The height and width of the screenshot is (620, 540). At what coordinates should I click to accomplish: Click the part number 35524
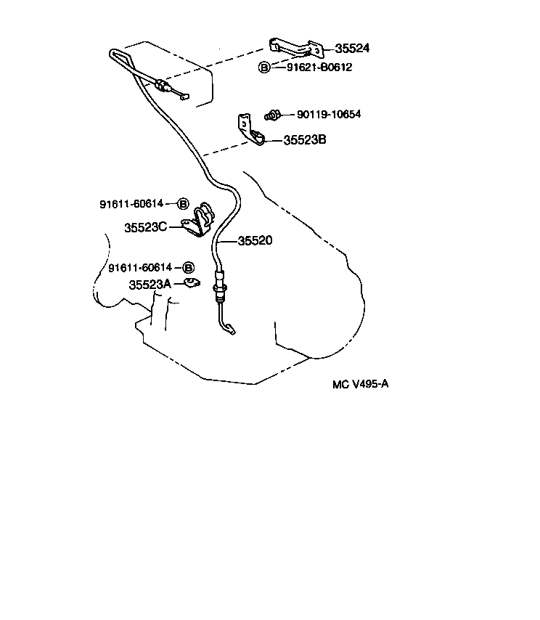(x=352, y=49)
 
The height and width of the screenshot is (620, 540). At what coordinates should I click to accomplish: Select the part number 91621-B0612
(x=314, y=68)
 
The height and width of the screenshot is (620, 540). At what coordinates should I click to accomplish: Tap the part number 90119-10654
(x=329, y=115)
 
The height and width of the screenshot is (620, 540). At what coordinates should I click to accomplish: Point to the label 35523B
(x=304, y=140)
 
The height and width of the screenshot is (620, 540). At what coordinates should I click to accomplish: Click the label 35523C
(x=145, y=227)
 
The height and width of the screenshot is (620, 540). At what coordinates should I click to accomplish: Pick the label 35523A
(x=150, y=285)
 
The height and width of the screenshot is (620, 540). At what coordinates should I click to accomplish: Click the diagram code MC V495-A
(x=360, y=384)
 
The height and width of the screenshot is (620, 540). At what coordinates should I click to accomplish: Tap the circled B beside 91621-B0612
(x=264, y=68)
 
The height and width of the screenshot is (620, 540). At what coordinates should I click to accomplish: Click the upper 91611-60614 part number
(x=131, y=204)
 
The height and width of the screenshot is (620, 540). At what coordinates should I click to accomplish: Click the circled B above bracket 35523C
(x=183, y=204)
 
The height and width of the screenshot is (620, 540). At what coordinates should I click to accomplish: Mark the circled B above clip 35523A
(x=188, y=268)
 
